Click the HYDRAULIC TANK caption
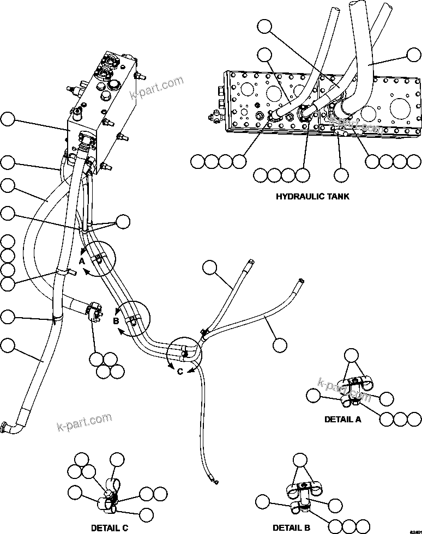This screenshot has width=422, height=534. [x=312, y=196]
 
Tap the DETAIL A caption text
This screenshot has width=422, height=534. [x=342, y=420]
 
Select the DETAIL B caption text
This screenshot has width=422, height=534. [x=291, y=528]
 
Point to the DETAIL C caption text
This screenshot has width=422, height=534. [x=110, y=528]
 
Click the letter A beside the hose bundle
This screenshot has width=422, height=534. [x=82, y=262]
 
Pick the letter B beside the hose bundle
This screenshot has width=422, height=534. [x=116, y=321]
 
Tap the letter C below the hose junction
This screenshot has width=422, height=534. [x=179, y=372]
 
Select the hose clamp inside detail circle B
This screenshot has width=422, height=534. [x=132, y=319]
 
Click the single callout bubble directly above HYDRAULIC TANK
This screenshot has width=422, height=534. [x=341, y=175]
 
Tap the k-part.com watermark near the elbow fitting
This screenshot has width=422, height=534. [x=85, y=421]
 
